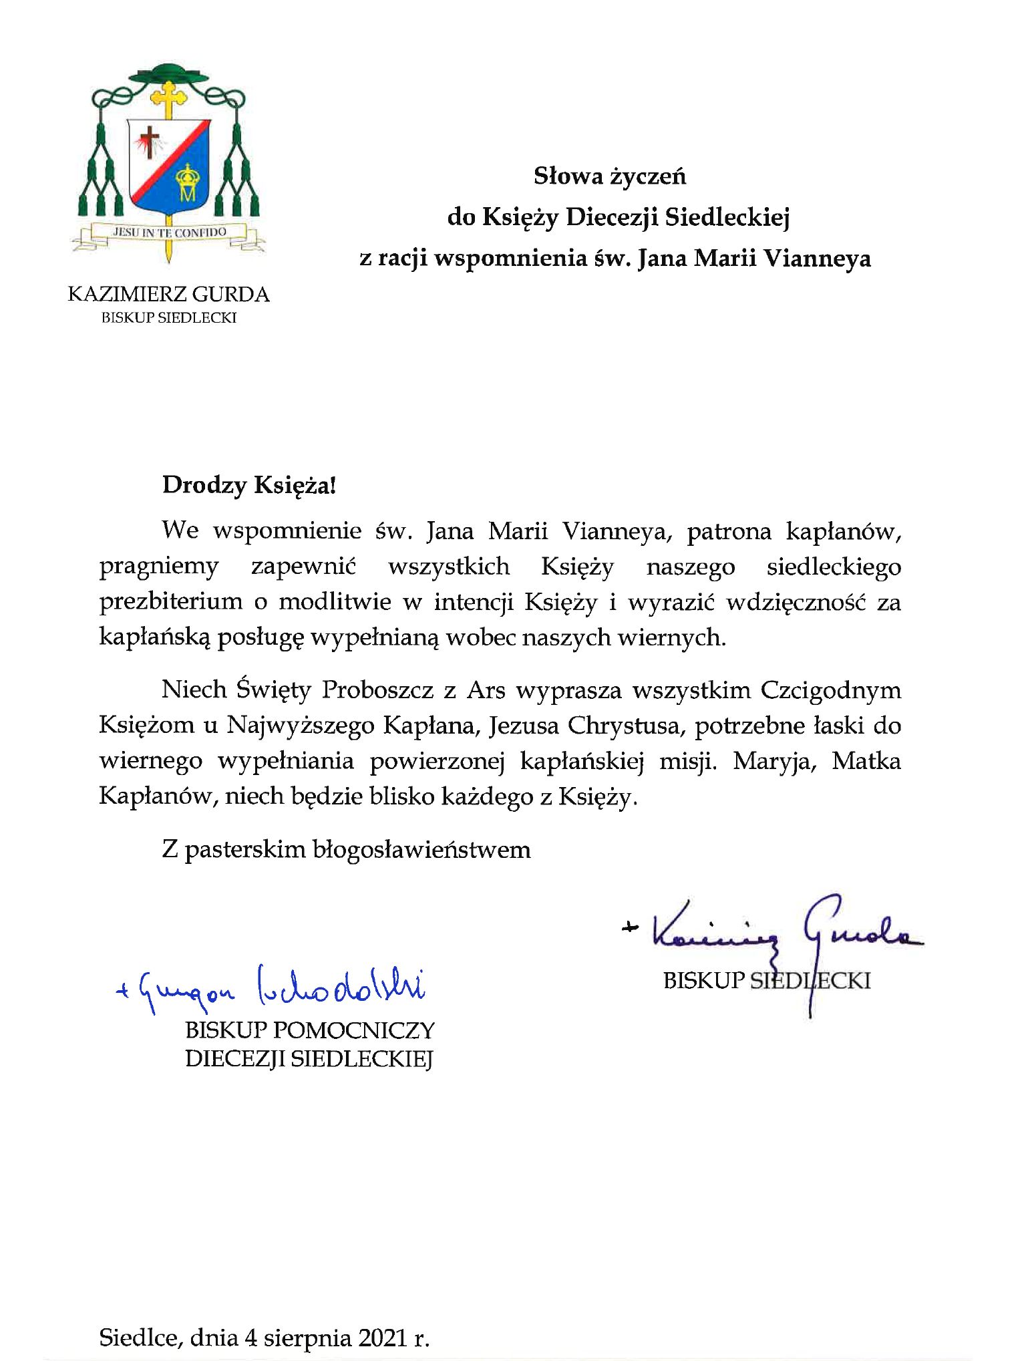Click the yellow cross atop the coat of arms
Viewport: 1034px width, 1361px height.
pos(169,96)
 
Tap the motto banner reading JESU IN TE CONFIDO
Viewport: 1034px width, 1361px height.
pos(169,233)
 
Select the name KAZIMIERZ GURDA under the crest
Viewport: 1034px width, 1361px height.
pos(168,295)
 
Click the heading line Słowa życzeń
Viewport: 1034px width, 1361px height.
pos(609,176)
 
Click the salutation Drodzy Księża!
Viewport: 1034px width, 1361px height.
pos(248,485)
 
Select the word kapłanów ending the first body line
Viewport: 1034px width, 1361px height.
pos(843,532)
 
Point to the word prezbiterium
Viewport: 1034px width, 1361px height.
pos(170,602)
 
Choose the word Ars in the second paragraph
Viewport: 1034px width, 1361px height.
pos(486,690)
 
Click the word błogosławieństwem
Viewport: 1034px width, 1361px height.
pos(423,850)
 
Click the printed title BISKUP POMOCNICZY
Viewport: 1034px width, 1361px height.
pos(310,1030)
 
